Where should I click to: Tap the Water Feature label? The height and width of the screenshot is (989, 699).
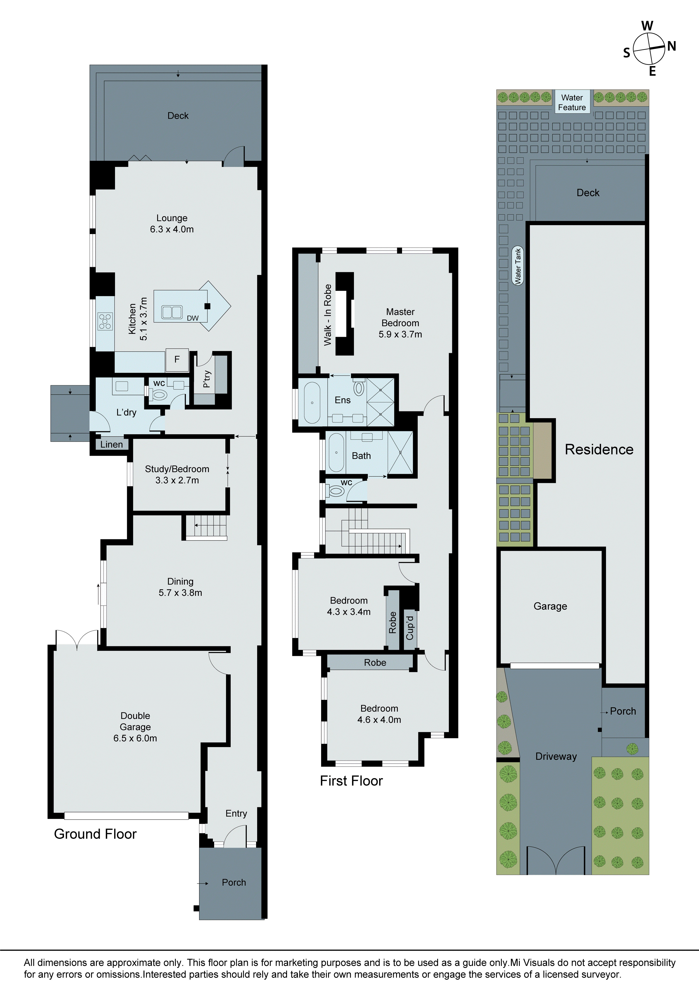click(572, 103)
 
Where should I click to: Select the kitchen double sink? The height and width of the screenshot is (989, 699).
click(172, 312)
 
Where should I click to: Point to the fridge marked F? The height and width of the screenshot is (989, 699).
click(177, 359)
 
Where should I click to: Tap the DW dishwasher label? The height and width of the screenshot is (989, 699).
click(193, 318)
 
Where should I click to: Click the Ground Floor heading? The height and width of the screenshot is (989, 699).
click(95, 834)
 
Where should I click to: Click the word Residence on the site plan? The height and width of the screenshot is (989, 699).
click(599, 449)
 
